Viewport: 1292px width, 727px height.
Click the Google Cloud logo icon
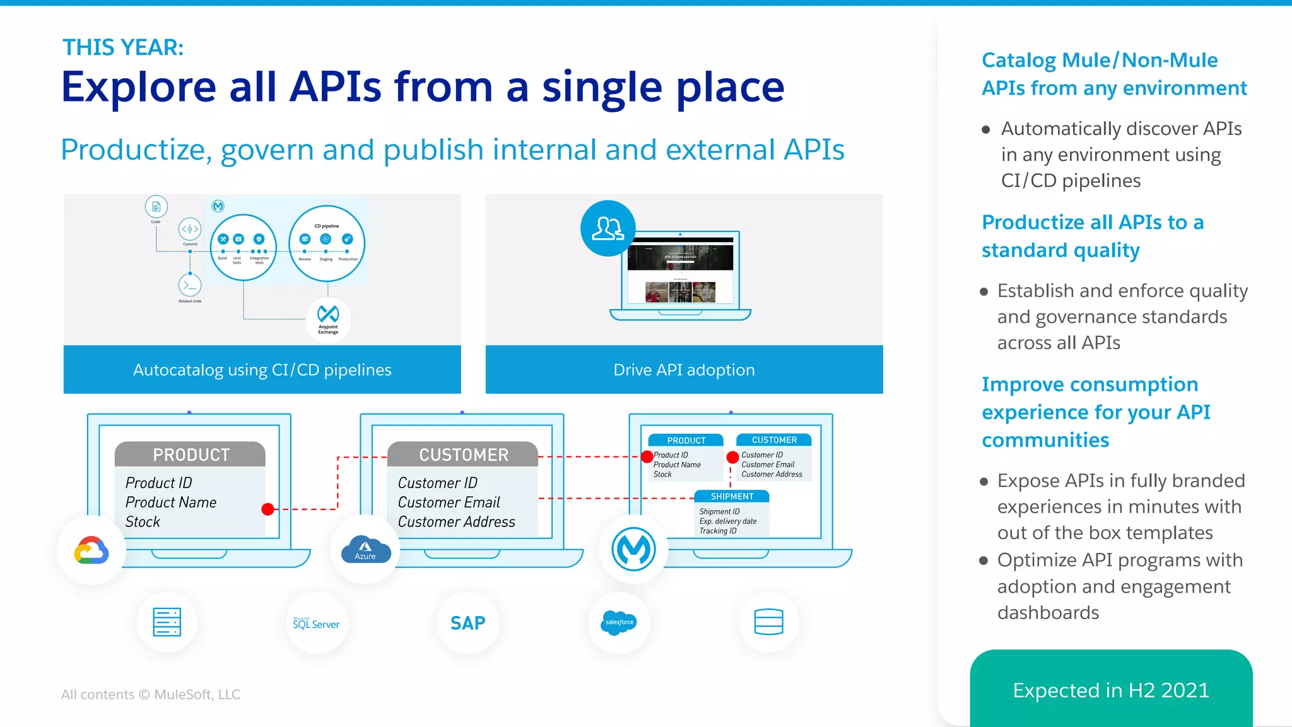coord(91,550)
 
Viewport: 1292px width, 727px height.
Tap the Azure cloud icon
coord(365,549)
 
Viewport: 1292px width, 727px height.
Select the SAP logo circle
coord(467,623)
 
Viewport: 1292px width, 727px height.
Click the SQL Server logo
coord(316,624)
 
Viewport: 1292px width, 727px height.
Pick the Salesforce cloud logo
coord(619,622)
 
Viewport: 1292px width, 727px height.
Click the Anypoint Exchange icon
coord(328,319)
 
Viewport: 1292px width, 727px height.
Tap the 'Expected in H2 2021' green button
coord(1110,690)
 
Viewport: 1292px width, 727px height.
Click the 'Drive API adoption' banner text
coord(684,369)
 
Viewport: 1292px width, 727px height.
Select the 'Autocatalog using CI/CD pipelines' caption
coord(262,369)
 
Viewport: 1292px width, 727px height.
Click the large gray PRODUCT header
coord(191,454)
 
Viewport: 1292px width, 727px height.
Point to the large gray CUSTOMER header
coord(463,454)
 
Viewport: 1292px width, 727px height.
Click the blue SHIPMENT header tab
coord(732,496)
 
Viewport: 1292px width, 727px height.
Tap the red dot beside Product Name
coord(267,509)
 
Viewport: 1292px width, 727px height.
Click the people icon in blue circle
coord(608,228)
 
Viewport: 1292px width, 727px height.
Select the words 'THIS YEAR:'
coord(123,47)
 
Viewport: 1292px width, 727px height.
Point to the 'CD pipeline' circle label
coord(327,226)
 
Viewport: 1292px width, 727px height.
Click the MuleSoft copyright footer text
coord(151,694)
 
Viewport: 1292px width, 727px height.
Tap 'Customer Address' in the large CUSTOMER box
coord(456,521)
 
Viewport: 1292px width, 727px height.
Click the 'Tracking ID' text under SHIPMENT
coord(717,531)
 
